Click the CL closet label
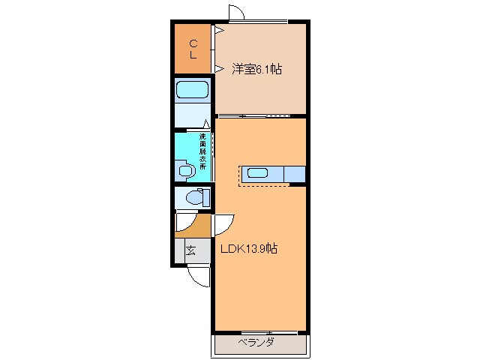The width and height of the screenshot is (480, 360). click(x=193, y=49)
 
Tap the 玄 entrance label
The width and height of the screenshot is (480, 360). click(x=190, y=250)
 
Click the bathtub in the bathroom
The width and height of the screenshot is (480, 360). click(x=193, y=91)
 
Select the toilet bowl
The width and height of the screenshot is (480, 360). click(x=193, y=199)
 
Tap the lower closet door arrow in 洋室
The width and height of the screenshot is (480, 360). click(x=218, y=69)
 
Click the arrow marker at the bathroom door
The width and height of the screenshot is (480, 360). click(x=207, y=125)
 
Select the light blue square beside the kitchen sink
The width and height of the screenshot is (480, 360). click(x=295, y=173)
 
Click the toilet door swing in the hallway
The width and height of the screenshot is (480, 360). click(x=182, y=223)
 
